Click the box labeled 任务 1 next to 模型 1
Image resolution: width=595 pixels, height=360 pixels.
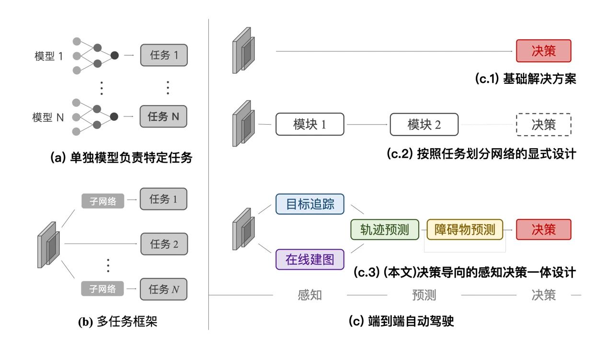click(x=164, y=55)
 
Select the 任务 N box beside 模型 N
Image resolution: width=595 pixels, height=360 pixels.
click(x=164, y=116)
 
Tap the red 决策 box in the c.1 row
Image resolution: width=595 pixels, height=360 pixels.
click(x=544, y=51)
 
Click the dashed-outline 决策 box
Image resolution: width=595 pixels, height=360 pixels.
click(x=544, y=125)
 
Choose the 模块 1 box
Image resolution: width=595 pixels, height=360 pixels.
click(x=309, y=125)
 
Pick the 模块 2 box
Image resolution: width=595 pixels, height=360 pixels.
click(x=424, y=125)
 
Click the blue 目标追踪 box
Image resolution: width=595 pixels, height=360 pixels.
click(x=310, y=204)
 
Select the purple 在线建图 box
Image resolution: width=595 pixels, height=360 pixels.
click(x=310, y=259)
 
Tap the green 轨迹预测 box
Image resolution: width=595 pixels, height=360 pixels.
click(x=385, y=230)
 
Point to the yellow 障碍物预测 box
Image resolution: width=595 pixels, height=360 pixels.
click(x=465, y=230)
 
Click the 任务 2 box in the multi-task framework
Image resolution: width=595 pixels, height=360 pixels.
click(x=164, y=244)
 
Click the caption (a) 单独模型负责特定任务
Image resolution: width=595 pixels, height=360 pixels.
click(x=121, y=158)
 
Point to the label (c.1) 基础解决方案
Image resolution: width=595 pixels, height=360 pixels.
click(x=525, y=79)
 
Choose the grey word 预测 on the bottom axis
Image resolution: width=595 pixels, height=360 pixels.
click(x=424, y=295)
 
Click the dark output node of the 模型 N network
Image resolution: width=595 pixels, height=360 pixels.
click(x=114, y=116)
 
